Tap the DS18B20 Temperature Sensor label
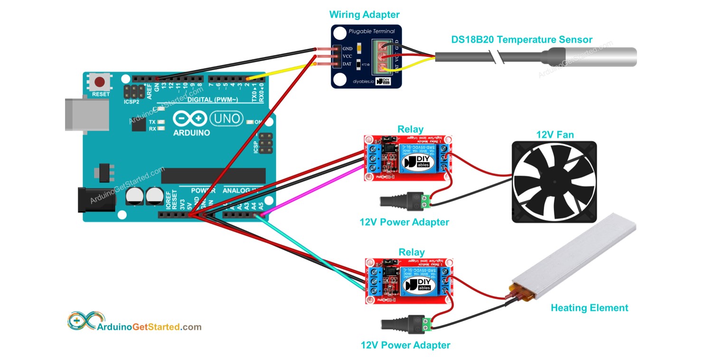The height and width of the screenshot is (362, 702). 522,40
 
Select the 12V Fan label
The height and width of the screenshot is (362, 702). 554,135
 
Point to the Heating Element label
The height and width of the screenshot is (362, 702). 589,308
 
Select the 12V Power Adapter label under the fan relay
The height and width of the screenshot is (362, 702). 404,222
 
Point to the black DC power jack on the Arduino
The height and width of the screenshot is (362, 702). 91,200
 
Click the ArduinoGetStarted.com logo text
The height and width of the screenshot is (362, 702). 149,327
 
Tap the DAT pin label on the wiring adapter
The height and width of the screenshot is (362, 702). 347,64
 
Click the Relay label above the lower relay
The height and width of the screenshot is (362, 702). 412,252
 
